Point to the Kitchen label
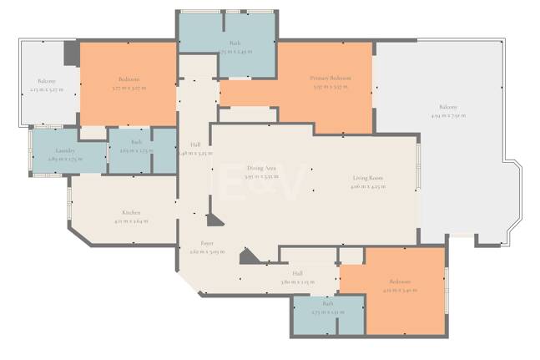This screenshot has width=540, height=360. coord(130,212)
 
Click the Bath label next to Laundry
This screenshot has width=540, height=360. coord(136,143)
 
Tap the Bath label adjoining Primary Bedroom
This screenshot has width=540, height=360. coord(235,43)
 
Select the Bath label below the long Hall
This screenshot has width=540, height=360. coord(327,304)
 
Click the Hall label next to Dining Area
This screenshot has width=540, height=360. coord(195,144)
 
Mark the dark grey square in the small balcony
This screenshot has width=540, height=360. coord(72,53)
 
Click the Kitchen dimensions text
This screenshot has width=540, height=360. coord(130,221)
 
